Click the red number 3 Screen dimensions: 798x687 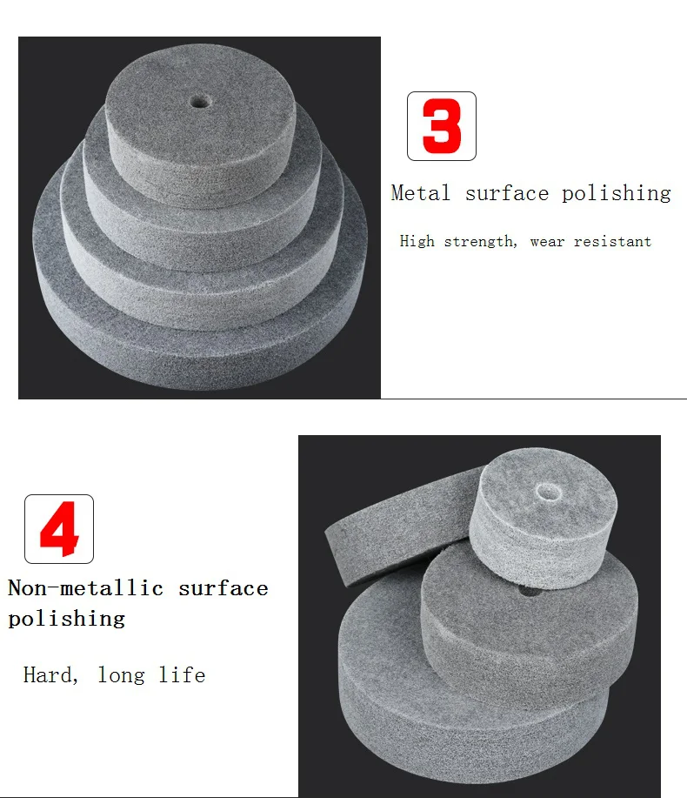click(x=442, y=126)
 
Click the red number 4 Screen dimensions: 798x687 click(x=59, y=528)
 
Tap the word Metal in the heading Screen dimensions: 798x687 click(x=421, y=193)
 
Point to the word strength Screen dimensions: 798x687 click(x=479, y=242)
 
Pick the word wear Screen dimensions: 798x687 click(x=547, y=242)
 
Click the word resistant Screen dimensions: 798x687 click(x=612, y=242)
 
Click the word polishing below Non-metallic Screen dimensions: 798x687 click(x=67, y=619)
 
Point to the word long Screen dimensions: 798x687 click(x=121, y=675)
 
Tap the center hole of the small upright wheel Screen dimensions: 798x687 click(x=549, y=493)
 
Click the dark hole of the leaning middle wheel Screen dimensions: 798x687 click(x=527, y=591)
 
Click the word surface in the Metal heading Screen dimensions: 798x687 click(x=506, y=193)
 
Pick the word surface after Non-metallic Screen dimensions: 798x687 click(x=223, y=588)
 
